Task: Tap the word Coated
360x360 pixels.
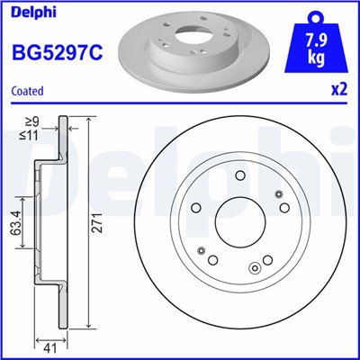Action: click(x=26, y=91)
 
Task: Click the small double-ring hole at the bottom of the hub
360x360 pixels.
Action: click(x=256, y=265)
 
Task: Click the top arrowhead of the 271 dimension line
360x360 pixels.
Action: click(x=90, y=120)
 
